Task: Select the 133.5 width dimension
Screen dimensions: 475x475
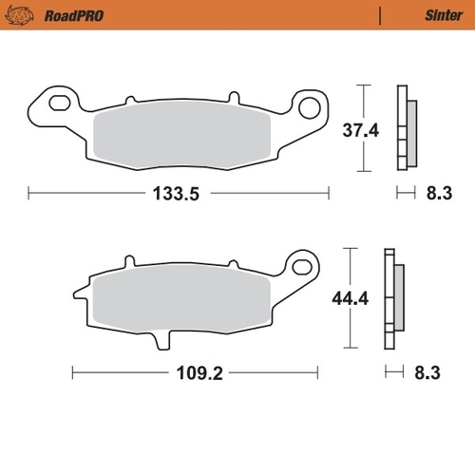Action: (x=178, y=194)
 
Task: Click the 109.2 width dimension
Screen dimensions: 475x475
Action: (x=198, y=373)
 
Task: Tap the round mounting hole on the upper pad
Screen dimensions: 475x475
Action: (x=310, y=104)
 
